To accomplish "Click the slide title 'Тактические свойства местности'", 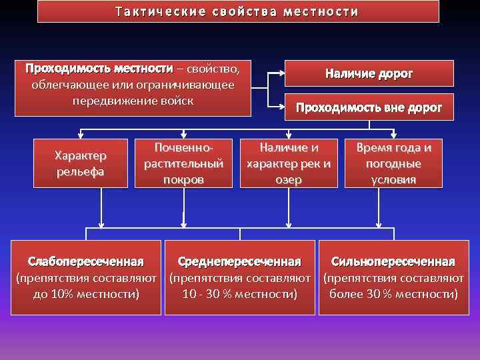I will coord(237,12).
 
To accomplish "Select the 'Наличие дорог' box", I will coord(369,73).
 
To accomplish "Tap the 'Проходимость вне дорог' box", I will coord(369,107).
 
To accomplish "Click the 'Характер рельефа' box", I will coord(81,163).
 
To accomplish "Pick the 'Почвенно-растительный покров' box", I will coord(183,163).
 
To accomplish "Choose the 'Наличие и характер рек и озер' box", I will coord(289,163).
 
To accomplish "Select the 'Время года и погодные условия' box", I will coord(394,163).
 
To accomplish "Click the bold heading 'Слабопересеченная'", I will coord(86,260).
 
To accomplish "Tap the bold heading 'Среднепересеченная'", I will coord(239,261).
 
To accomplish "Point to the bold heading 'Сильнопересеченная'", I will coord(393,261).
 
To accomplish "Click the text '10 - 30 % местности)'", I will coord(239,293).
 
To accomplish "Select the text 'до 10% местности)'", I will coord(86,293).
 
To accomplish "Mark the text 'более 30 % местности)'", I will coord(393,293).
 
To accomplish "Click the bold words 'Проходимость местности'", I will coord(99,69).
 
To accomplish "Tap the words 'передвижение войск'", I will coord(133,101).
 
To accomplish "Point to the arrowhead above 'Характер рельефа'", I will coord(81,135).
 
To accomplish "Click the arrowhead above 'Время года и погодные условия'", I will coord(394,135).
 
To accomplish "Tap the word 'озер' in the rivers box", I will coord(289,179).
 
